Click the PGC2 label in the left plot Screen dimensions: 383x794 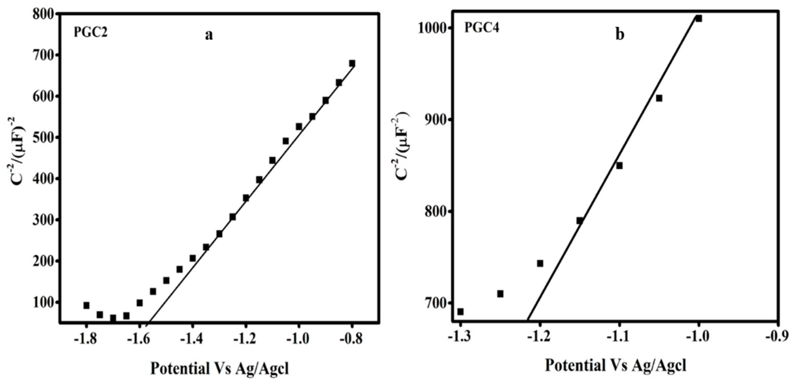click(91, 32)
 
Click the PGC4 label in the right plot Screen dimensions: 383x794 click(482, 28)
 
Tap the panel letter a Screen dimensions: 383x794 click(209, 35)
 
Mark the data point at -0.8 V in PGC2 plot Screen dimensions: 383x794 click(352, 63)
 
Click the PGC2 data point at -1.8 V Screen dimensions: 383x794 click(86, 305)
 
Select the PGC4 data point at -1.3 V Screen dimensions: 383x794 click(461, 312)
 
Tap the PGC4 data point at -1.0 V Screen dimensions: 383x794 click(699, 18)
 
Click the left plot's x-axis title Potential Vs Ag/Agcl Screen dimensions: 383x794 click(220, 368)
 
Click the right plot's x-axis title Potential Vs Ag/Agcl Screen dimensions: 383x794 click(616, 366)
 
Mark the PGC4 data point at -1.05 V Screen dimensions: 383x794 click(659, 98)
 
